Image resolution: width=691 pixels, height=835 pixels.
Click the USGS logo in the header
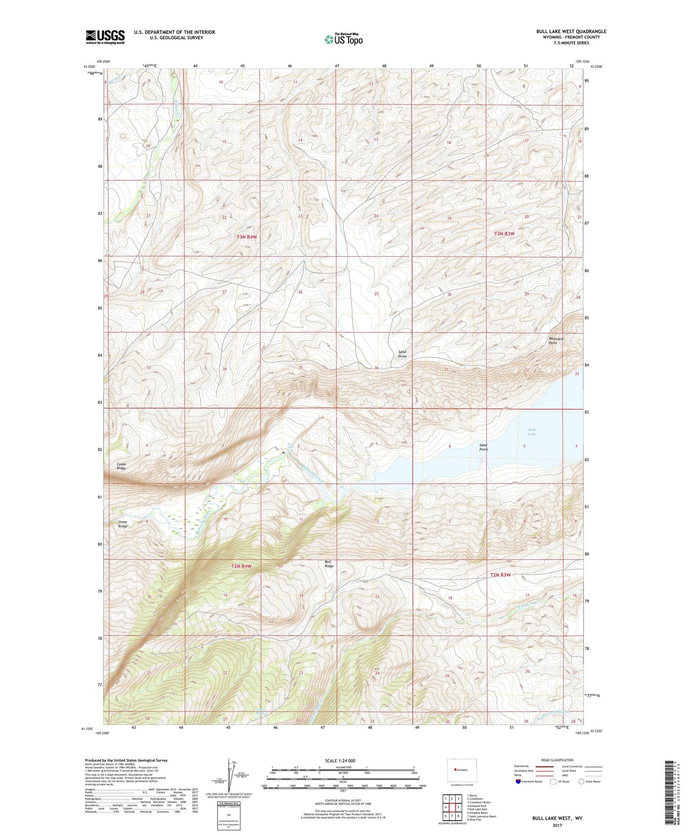pyautogui.click(x=105, y=36)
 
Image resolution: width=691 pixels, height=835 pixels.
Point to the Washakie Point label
pyautogui.click(x=556, y=341)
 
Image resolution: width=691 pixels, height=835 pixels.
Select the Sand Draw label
pyautogui.click(x=402, y=354)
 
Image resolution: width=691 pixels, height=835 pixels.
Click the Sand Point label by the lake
pyautogui.click(x=483, y=447)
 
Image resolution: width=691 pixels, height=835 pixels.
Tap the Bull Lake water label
pyautogui.click(x=532, y=432)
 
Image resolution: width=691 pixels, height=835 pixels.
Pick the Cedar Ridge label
pyautogui.click(x=121, y=466)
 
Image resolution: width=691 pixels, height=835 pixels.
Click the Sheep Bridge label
pyautogui.click(x=123, y=524)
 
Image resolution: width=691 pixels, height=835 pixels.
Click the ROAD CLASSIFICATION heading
pyautogui.click(x=557, y=760)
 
